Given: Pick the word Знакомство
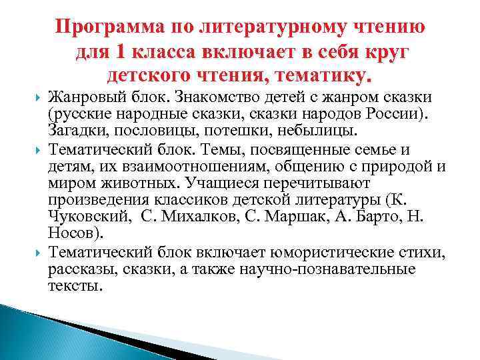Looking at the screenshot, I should (x=203, y=97).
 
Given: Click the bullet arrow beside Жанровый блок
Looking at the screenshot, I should (x=37, y=98).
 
